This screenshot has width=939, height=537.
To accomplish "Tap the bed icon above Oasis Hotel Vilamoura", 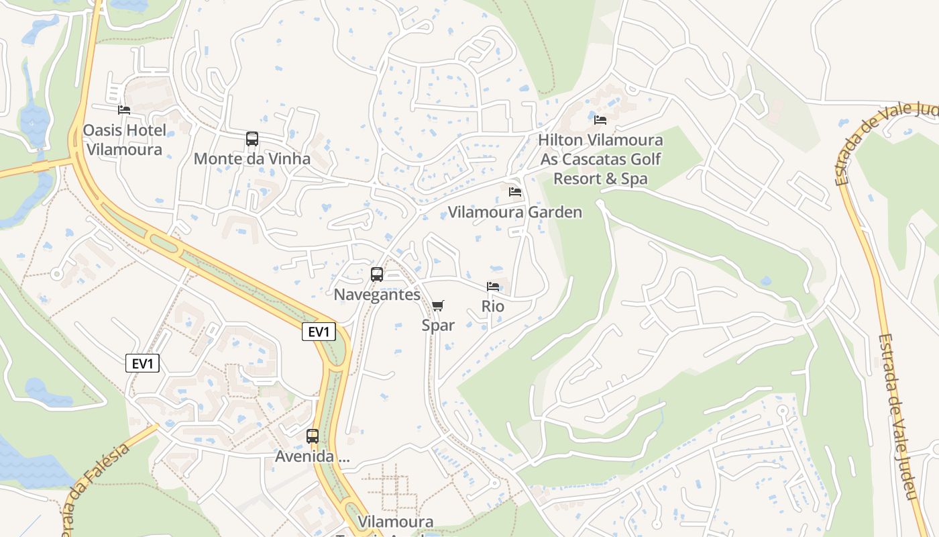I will coord(124,109).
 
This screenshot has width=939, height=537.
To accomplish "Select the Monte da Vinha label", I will coord(252,159).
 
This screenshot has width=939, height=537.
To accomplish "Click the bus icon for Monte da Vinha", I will coord(252,139).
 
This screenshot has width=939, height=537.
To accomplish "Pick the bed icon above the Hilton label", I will coord(600,120).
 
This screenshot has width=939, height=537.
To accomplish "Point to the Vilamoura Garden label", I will coord(514,213).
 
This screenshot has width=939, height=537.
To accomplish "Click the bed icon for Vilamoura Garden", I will coord(515,192).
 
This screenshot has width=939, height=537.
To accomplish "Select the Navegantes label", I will coord(377,295).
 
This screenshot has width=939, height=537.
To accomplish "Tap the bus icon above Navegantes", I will coord(377,274).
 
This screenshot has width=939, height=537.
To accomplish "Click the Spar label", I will coord(438,326).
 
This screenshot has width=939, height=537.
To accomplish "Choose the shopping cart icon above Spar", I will coord(438,306).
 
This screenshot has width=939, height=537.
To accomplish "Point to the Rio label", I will coord(493,307).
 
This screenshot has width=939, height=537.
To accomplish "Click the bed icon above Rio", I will coord(493,287).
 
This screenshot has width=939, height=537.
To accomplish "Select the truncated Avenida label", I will coord(313,457).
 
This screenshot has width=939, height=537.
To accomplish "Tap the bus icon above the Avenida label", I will coord(313,436).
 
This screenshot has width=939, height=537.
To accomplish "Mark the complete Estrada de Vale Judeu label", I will coord(896,416).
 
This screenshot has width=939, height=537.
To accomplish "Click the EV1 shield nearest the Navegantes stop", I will coord(319,332).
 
